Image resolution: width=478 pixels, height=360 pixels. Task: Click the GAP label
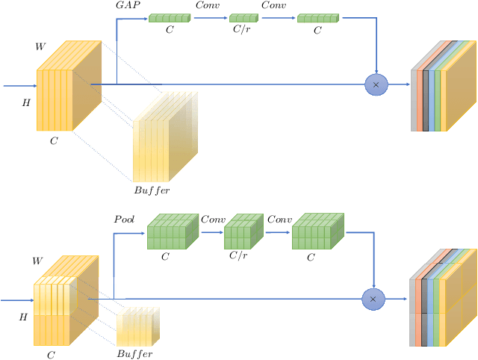point(128,5)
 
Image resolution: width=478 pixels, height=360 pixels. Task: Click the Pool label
point(123,220)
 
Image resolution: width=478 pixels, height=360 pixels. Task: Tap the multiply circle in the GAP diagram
point(376,85)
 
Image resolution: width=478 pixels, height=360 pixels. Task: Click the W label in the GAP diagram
point(41,47)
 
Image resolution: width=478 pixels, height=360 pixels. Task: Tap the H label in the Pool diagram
point(22,317)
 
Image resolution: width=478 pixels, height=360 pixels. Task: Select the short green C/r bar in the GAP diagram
point(243,18)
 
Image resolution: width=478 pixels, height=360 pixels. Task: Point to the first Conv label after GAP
point(207,5)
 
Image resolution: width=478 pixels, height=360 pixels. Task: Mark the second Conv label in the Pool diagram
point(279,220)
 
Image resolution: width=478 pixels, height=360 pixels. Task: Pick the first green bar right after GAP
point(170,18)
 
